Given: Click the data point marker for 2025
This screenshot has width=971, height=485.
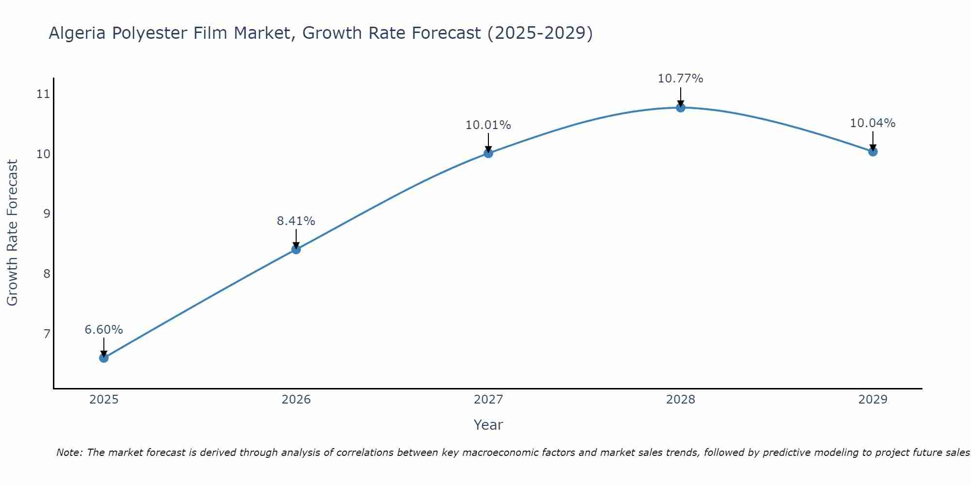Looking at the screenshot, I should coord(104,358).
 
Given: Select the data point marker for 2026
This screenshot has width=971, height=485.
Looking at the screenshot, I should coord(296,249).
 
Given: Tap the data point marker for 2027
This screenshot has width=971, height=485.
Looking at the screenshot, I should coord(488,153).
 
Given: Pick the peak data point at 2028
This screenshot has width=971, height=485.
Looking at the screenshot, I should coord(681,108).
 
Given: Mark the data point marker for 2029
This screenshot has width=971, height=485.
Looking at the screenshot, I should coord(873,151).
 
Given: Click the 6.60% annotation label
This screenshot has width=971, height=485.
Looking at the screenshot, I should coord(104,330).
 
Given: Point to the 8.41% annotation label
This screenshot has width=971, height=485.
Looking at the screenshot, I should coord(296,221).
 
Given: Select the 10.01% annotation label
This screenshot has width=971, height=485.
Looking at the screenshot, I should coord(488,125).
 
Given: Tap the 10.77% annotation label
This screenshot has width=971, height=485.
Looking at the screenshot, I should coord(681,79).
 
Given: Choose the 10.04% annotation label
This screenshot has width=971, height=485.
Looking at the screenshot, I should coord(873,123).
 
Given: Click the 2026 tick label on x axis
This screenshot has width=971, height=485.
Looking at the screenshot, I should coord(296,400).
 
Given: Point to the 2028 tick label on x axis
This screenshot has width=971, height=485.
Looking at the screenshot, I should coord(681,400).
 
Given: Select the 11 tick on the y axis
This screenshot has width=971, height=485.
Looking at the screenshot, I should coord(44,94).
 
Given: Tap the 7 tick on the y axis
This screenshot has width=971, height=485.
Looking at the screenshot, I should coord(47,334).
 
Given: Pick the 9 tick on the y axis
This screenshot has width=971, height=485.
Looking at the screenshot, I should coord(47,213).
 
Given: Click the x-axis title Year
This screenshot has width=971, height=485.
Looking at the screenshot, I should coord(488,425).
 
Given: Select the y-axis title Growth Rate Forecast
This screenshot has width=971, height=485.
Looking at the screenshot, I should coord(13,233).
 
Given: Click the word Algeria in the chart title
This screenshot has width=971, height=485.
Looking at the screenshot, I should coord(78,33).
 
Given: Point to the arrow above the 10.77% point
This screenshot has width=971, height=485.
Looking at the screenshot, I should coord(681,96).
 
